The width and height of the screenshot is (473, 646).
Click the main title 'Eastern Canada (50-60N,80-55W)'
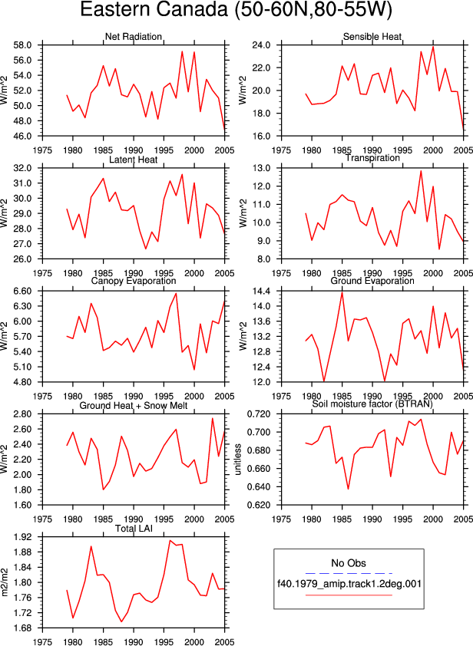(x=236, y=10)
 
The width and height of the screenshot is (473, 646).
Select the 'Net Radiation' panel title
(x=133, y=37)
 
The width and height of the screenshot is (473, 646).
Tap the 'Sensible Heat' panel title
(x=372, y=37)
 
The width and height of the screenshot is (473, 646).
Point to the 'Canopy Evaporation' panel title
(x=134, y=281)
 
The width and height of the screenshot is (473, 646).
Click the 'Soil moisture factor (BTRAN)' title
(x=372, y=404)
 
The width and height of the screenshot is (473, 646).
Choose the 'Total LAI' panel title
(x=134, y=528)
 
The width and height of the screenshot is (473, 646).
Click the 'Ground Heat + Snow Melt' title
(x=134, y=406)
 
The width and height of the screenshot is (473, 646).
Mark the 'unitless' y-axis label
(x=238, y=460)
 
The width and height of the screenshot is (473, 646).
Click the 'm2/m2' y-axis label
(x=5, y=582)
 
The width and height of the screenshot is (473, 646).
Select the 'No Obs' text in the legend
(x=349, y=563)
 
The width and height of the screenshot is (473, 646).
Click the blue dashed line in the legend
(x=349, y=573)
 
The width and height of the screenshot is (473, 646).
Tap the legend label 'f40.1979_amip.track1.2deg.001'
(x=349, y=584)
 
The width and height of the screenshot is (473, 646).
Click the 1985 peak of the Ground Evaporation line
(x=342, y=292)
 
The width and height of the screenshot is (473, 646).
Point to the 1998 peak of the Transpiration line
(x=421, y=171)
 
